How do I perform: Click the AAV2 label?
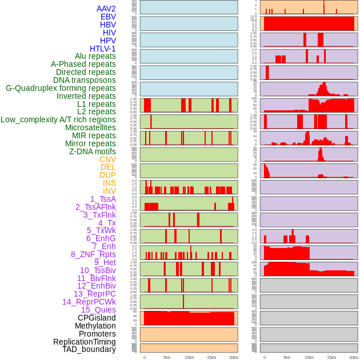point(106,9)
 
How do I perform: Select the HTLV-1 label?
point(103,49)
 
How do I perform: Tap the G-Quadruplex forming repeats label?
point(61,88)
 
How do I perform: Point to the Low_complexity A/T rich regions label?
point(58,119)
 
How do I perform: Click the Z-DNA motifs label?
point(93,151)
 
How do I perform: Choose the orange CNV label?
point(107,159)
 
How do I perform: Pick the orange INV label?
point(109,191)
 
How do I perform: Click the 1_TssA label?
point(103,199)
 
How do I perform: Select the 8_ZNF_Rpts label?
point(93,254)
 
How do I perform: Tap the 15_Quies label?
point(98,310)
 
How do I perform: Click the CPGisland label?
point(97,318)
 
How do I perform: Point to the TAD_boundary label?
point(89,349)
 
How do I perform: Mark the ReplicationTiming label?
point(85,342)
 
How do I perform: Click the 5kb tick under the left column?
point(167,357)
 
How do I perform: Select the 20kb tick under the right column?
point(354,357)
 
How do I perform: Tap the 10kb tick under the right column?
point(309,357)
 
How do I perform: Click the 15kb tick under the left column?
point(211,357)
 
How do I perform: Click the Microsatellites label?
point(90,127)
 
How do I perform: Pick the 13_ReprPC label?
point(95,294)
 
